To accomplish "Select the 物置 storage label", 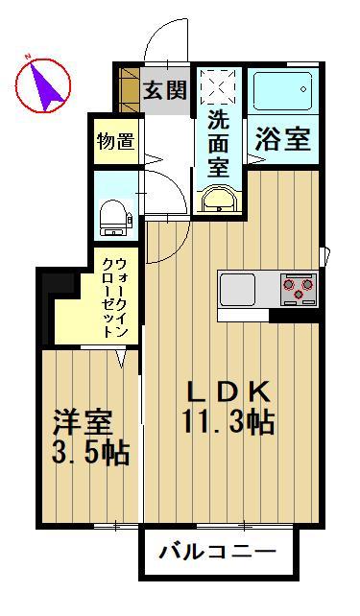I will tap(115, 141).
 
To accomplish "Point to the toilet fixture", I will tap(115, 216).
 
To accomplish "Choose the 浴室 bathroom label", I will tap(281, 139).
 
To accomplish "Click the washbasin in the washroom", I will tap(219, 200).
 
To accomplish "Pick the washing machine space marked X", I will tap(219, 88).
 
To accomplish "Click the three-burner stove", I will tap(299, 286).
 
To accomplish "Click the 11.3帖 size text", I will tap(228, 421).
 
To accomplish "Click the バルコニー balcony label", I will tap(217, 554).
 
